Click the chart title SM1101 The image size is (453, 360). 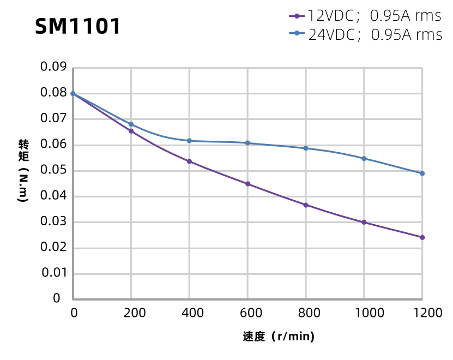pos(77,26)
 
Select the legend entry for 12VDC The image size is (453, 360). pos(365,16)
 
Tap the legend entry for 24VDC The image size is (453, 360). pos(365,35)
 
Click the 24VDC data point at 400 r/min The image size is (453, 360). pos(189,141)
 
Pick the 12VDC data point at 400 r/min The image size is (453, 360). pos(189,161)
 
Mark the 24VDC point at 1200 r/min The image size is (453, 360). pos(422,173)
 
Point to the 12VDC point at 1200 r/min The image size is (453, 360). pos(422,237)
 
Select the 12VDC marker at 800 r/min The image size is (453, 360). pos(306,205)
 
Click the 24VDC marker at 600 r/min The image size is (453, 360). pos(247,143)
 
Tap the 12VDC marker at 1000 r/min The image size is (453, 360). pos(364,222)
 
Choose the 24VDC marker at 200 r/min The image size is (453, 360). pos(131,124)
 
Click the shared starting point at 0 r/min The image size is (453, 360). pos(73,93)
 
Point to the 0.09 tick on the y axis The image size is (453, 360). pos(53,67)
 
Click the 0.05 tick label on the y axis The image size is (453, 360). pos(53,170)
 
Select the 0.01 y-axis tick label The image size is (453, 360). pos(53,273)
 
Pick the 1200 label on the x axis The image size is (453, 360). pos(422,313)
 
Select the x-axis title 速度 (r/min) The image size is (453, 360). pos(279,337)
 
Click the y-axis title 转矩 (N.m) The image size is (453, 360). pos(23,171)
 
